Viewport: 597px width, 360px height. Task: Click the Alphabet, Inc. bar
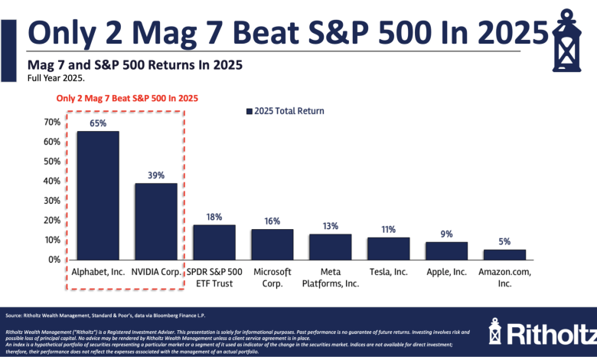(x=97, y=195)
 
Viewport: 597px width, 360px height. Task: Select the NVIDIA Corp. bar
(x=155, y=221)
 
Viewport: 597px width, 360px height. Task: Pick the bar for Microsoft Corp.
(x=272, y=244)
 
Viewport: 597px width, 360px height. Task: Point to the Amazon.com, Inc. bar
(x=504, y=254)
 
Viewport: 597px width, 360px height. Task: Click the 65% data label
(x=97, y=123)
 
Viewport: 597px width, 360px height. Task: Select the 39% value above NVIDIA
(x=155, y=175)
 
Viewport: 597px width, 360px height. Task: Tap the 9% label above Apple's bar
(x=446, y=234)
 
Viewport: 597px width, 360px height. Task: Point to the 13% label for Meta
(x=330, y=226)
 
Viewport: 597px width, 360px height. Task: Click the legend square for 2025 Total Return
(x=249, y=111)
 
